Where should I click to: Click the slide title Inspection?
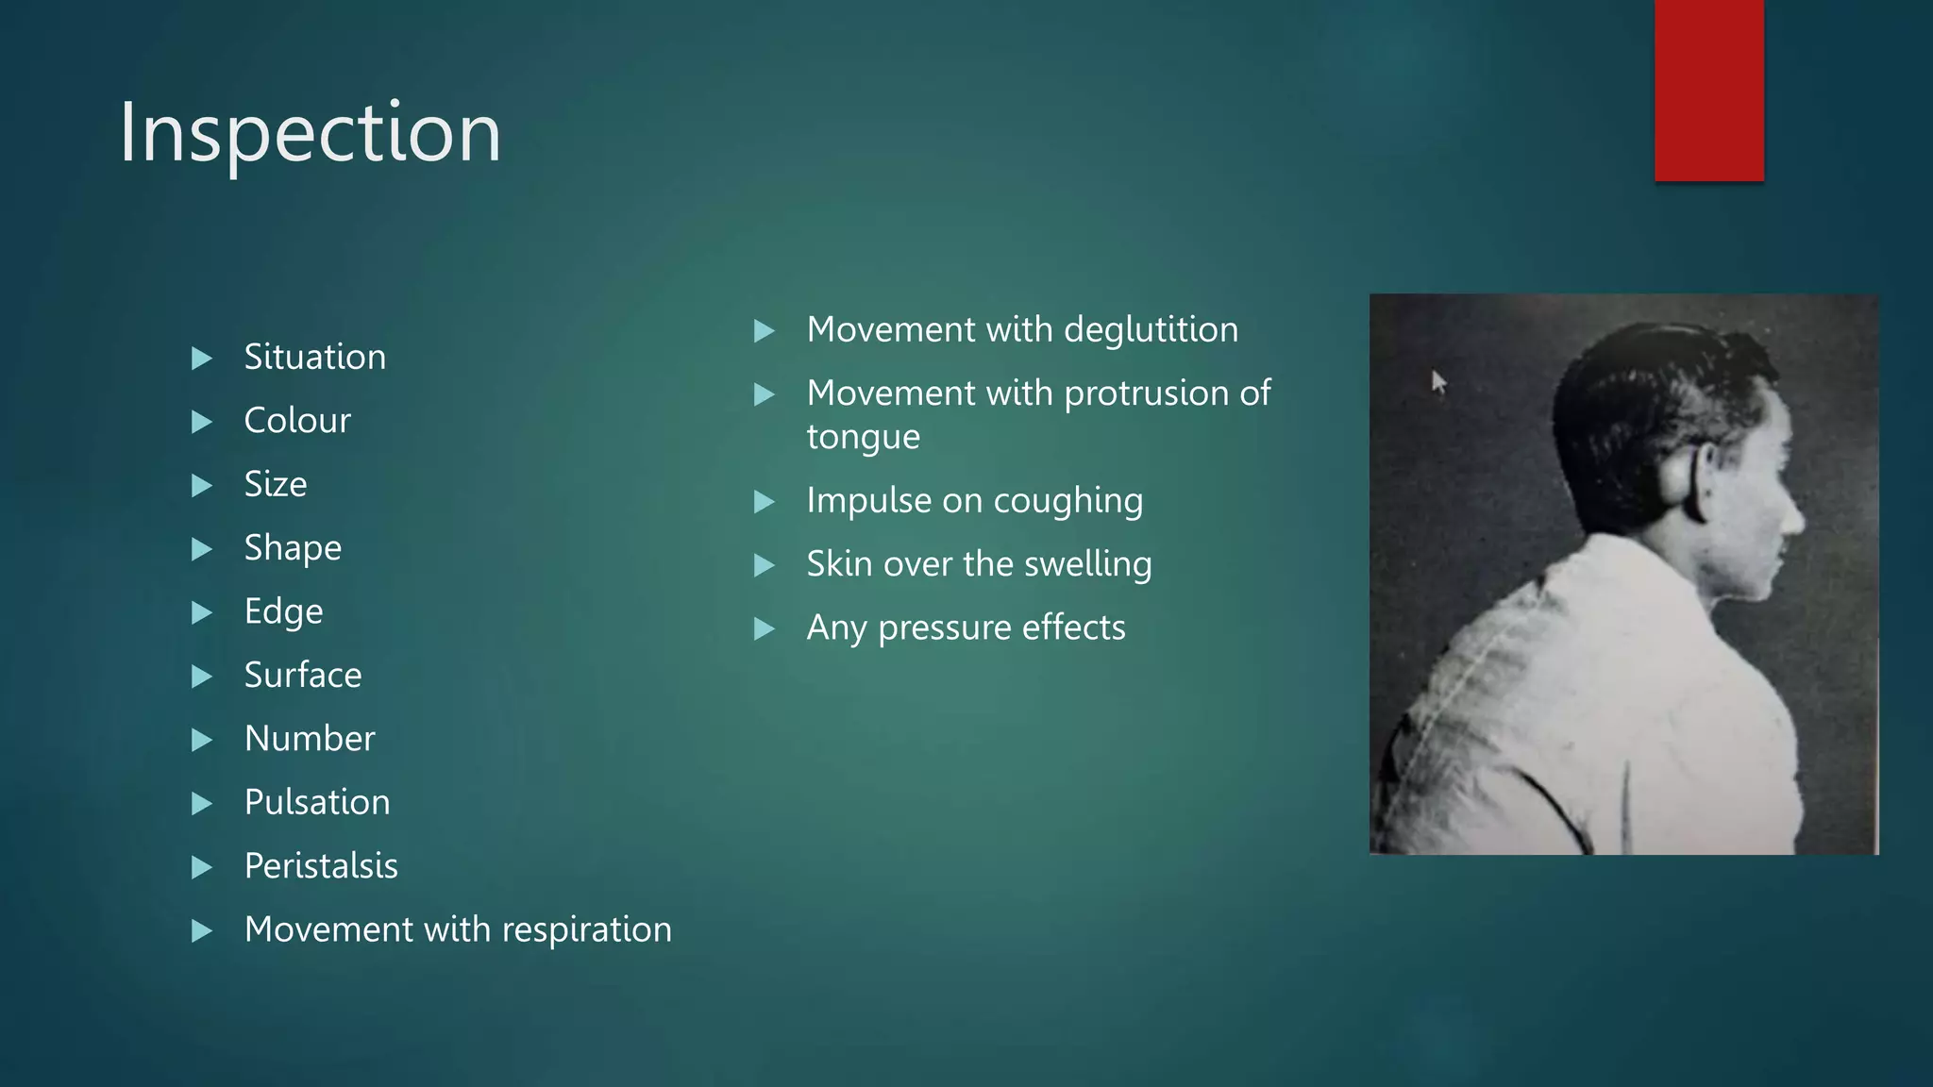310,133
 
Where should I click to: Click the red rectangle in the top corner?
1708,90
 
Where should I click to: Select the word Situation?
314,357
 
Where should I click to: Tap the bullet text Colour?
297,421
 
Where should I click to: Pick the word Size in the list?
276,484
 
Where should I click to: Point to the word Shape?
293,548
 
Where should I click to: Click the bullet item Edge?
283,611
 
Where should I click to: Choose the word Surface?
303,676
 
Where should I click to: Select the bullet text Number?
310,739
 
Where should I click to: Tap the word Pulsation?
317,802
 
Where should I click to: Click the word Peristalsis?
321,866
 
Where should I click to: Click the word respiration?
586,930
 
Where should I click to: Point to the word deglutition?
1151,330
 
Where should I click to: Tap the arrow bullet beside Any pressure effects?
765,629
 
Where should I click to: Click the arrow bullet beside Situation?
201,359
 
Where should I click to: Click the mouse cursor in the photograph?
1437,382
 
